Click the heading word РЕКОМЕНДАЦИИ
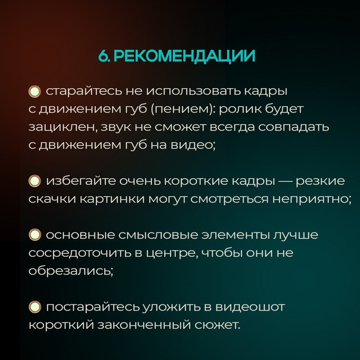click(184, 56)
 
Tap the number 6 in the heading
click(103, 56)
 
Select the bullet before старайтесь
click(35, 92)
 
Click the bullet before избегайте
click(35, 181)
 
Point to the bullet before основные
click(35, 235)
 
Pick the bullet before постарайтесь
click(35, 307)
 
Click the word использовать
click(194, 91)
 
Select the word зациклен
click(61, 128)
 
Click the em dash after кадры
click(285, 181)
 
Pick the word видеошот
click(250, 307)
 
